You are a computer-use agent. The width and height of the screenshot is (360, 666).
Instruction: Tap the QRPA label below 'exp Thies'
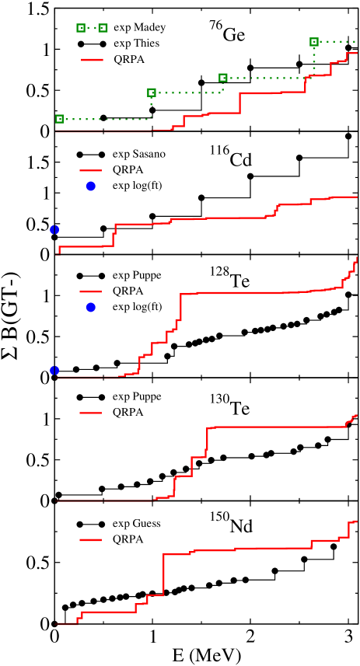pyautogui.click(x=128, y=59)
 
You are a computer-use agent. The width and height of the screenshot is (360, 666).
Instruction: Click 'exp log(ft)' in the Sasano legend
pyautogui.click(x=137, y=185)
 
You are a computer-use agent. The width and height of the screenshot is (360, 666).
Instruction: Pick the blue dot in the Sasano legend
pyautogui.click(x=91, y=186)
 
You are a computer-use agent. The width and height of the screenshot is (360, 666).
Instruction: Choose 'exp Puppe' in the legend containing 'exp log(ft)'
pyautogui.click(x=136, y=275)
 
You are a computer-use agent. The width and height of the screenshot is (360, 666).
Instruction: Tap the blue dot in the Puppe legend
pyautogui.click(x=91, y=308)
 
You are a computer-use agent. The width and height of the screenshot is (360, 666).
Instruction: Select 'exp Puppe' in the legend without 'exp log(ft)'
pyautogui.click(x=136, y=396)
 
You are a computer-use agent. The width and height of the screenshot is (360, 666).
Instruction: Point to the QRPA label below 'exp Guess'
pyautogui.click(x=128, y=539)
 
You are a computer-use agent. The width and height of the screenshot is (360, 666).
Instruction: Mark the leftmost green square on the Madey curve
pyautogui.click(x=59, y=119)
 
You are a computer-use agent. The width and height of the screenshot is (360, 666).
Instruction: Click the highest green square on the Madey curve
pyautogui.click(x=314, y=41)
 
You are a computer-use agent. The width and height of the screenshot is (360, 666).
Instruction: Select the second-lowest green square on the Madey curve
pyautogui.click(x=152, y=92)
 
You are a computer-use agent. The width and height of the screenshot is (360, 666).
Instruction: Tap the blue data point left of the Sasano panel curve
pyautogui.click(x=54, y=229)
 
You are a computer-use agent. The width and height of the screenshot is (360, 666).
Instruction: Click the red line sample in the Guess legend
pyautogui.click(x=91, y=539)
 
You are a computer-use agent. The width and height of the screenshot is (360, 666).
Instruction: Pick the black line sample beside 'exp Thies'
pyautogui.click(x=91, y=44)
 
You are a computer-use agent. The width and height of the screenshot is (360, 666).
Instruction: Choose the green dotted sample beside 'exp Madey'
pyautogui.click(x=91, y=27)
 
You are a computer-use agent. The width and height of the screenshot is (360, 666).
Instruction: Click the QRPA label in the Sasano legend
pyautogui.click(x=128, y=169)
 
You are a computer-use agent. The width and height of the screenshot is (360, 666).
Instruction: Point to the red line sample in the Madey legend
pyautogui.click(x=91, y=59)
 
